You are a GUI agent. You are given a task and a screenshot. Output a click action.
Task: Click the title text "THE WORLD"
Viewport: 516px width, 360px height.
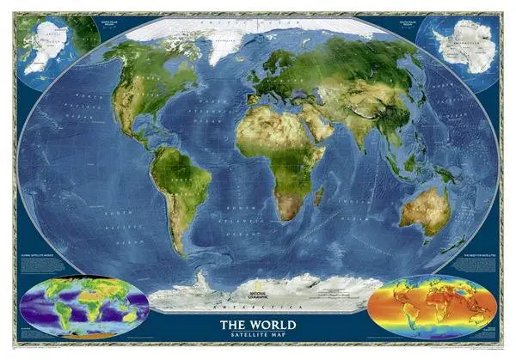257,324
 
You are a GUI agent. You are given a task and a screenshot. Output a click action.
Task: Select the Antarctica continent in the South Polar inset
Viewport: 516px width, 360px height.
460,48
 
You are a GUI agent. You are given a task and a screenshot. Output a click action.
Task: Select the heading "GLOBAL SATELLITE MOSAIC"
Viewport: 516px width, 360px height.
41,257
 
